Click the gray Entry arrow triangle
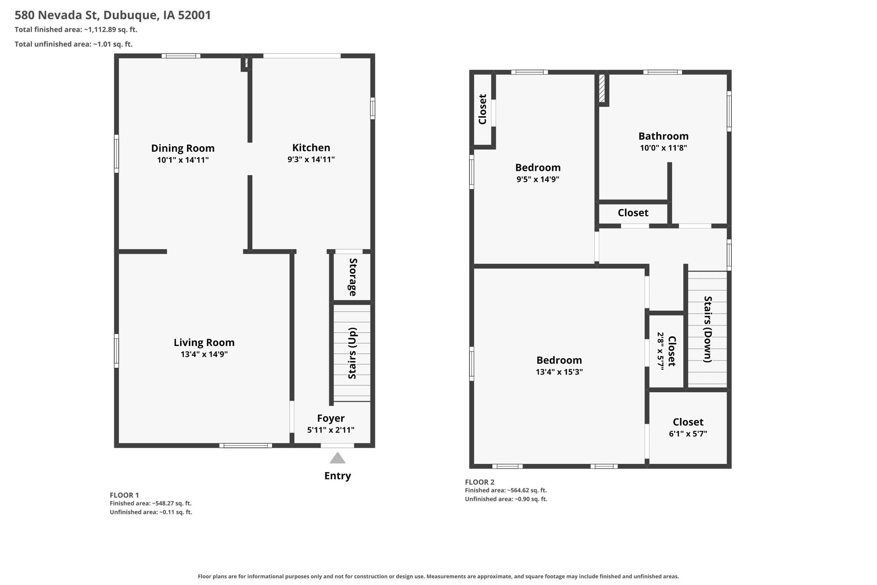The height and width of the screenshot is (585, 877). point(338,458)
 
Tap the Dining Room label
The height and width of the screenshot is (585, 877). point(183,148)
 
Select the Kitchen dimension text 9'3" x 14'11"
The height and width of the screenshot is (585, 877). point(311,160)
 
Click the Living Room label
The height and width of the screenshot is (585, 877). point(204,342)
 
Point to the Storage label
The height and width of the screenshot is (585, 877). point(353,277)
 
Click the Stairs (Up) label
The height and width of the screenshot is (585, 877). point(352,353)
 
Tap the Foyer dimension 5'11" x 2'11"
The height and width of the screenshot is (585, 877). point(331,430)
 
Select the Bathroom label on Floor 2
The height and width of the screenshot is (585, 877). point(663,136)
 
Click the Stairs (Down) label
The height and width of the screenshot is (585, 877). point(708,330)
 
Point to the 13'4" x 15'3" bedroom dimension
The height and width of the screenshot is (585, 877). point(559,372)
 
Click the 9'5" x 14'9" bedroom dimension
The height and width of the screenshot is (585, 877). point(538,179)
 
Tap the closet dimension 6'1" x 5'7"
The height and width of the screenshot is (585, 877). point(688,434)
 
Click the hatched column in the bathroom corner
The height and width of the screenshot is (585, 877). point(602,89)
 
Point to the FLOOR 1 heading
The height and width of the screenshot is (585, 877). point(124,495)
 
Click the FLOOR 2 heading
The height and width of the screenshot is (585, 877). point(480,482)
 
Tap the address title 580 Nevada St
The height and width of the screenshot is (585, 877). point(57,15)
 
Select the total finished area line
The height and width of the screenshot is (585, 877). point(76,30)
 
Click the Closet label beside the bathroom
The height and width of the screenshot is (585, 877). point(633,213)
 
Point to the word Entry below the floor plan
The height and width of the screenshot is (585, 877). point(338,476)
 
